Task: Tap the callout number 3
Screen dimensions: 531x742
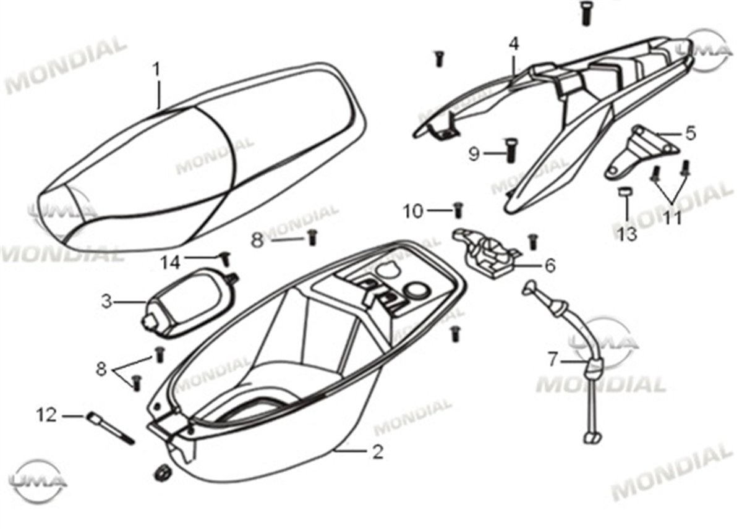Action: pyautogui.click(x=107, y=302)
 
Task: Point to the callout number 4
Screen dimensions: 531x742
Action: pyautogui.click(x=514, y=44)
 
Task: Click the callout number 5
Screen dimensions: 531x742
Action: pyautogui.click(x=690, y=132)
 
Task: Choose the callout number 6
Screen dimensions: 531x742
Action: pyautogui.click(x=550, y=266)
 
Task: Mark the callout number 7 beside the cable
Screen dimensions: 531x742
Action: pyautogui.click(x=553, y=358)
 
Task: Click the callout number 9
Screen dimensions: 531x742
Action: pyautogui.click(x=474, y=153)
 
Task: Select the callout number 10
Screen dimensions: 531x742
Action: pyautogui.click(x=413, y=211)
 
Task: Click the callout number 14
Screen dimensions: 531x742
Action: pyautogui.click(x=171, y=263)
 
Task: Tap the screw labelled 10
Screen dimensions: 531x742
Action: pyautogui.click(x=458, y=210)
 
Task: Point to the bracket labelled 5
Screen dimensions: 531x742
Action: pyautogui.click(x=637, y=151)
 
